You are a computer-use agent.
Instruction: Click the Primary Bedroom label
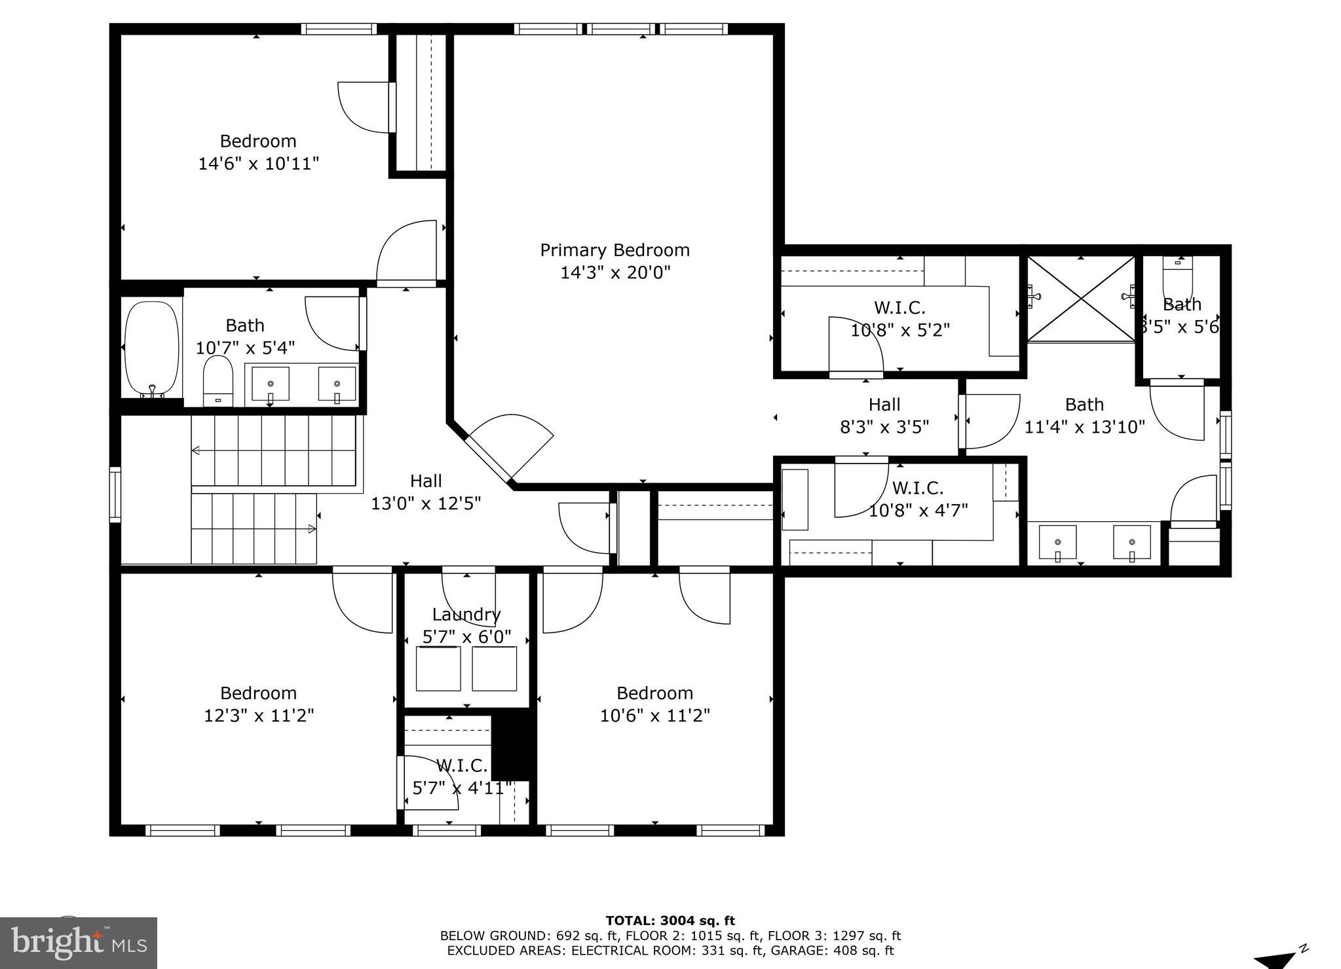(614, 250)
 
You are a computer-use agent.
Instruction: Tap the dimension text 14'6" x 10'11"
(258, 164)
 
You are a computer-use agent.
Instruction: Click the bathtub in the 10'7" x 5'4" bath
(151, 348)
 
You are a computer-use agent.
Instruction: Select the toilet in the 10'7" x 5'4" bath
(218, 380)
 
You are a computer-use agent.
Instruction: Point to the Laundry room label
(466, 614)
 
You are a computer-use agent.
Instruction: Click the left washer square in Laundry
(438, 668)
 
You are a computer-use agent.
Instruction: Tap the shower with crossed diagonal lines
(1080, 299)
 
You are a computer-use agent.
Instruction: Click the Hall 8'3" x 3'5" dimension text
(884, 427)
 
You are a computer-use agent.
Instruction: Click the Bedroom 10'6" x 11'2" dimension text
(655, 716)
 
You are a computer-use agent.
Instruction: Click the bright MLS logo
(79, 943)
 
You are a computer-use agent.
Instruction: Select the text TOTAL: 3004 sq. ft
(670, 921)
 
